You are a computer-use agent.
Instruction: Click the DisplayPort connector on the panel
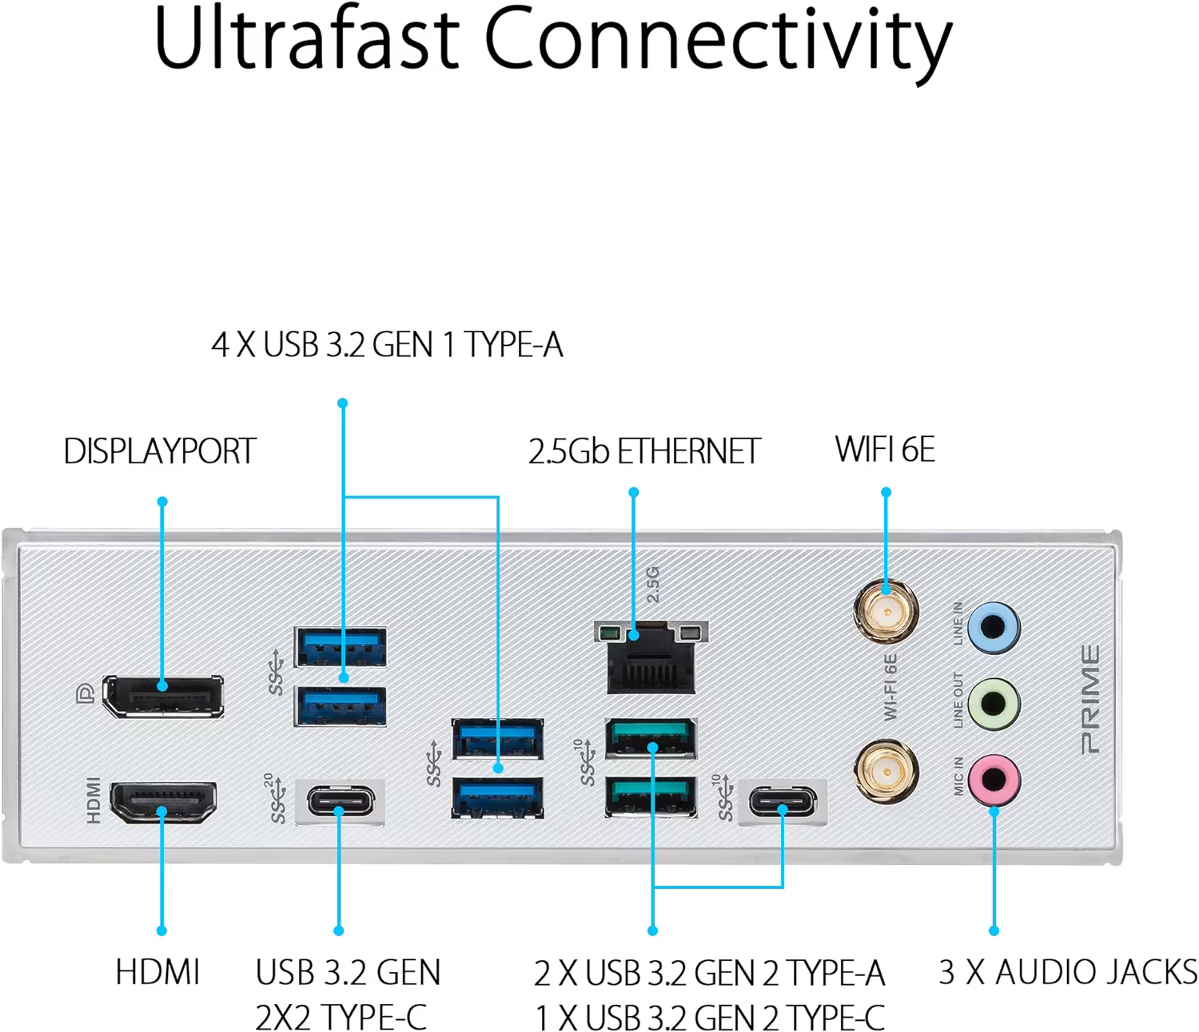click(x=162, y=696)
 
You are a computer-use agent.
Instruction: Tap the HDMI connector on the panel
click(x=162, y=804)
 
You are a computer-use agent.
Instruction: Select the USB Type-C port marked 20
click(x=340, y=801)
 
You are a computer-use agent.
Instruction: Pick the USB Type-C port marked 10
click(x=783, y=801)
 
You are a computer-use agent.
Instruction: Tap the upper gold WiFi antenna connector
click(x=886, y=612)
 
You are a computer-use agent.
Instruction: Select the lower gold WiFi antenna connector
click(x=886, y=771)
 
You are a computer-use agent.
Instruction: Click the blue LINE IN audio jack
click(x=993, y=627)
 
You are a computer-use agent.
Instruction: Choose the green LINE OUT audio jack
click(x=993, y=704)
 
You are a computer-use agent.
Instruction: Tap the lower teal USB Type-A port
click(x=650, y=796)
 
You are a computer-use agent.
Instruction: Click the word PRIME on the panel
click(x=1090, y=700)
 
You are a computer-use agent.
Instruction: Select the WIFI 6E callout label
click(x=885, y=449)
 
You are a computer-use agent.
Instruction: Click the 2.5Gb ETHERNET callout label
click(x=643, y=451)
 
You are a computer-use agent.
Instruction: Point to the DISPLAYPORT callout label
click(x=160, y=451)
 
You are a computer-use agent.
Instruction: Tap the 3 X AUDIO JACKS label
click(x=1068, y=972)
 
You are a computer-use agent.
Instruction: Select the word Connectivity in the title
click(x=718, y=42)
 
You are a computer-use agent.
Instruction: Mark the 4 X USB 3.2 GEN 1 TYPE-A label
click(x=387, y=345)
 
